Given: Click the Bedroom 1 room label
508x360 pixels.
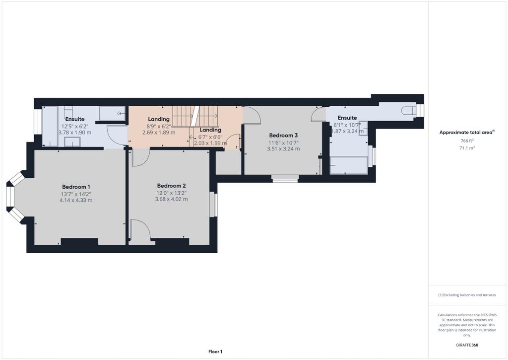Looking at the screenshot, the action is tap(76, 187).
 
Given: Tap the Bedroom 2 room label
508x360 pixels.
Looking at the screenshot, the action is tap(171, 186).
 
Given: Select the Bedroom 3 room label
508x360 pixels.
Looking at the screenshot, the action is tap(283, 135).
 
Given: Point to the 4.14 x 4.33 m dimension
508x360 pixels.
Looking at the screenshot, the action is tap(76, 201).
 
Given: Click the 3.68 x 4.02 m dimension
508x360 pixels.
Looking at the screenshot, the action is tap(171, 199).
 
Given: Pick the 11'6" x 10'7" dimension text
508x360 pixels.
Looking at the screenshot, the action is tap(283, 143).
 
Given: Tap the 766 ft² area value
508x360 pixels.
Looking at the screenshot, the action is tap(467, 141).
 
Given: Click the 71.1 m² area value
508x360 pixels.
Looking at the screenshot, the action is tap(467, 148).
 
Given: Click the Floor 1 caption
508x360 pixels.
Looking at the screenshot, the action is tap(215, 352).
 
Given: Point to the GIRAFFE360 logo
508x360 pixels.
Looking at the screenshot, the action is tap(467, 345).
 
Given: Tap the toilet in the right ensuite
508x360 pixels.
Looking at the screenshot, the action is tap(408, 111).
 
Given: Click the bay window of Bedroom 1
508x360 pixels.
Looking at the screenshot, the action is tap(14, 197).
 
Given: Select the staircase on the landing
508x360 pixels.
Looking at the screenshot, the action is tap(195, 116).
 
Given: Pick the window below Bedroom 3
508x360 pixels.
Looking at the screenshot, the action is tap(285, 178).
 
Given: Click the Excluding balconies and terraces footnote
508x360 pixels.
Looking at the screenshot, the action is tap(467, 295).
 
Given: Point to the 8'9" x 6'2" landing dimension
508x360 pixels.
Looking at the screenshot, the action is tap(159, 127).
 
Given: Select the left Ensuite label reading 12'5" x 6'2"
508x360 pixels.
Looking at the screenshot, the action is tap(75, 126).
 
